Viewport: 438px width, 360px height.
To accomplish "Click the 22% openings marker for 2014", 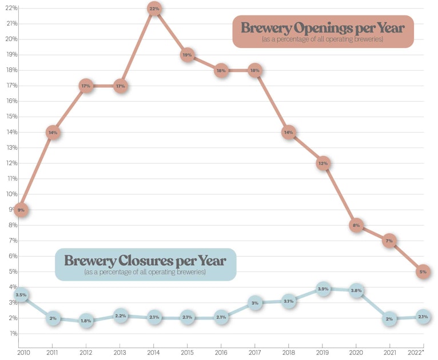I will [154, 9].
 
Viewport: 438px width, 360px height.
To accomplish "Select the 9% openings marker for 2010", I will [21, 210].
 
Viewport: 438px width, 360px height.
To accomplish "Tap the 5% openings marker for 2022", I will [423, 272].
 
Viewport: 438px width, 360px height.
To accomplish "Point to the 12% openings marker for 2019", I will [323, 163].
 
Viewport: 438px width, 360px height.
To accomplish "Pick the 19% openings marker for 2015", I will [188, 55].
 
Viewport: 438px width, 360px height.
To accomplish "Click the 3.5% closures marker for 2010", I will [21, 295].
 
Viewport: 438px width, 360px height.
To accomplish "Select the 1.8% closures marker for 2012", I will [86, 321].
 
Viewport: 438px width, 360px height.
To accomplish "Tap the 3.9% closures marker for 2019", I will [323, 289].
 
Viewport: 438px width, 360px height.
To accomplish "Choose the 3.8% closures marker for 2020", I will [356, 290].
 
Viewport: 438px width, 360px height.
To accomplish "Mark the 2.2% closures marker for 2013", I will [120, 315].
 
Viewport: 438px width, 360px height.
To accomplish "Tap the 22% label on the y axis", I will [11, 8].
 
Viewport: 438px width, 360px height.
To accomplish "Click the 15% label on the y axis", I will [11, 117].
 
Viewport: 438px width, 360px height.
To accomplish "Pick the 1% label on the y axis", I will [13, 333].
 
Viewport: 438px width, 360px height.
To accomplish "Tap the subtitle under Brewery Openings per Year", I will [322, 39].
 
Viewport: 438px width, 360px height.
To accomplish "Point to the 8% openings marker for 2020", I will [356, 225].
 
